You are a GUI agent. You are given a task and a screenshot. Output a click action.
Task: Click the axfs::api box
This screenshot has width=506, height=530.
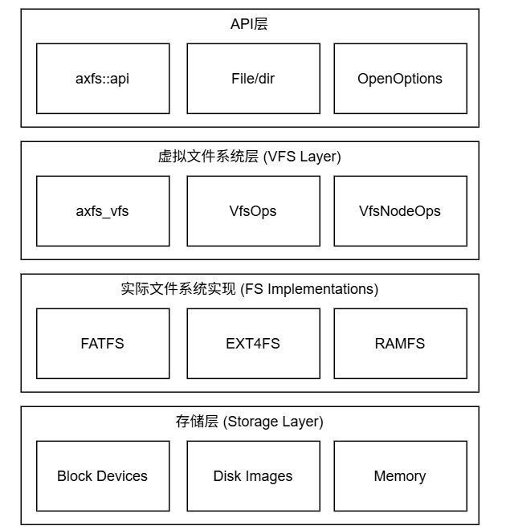click(x=103, y=79)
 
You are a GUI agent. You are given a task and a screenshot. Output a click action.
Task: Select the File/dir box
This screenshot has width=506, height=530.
click(x=253, y=79)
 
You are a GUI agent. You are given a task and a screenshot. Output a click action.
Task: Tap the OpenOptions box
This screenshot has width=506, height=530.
click(x=400, y=79)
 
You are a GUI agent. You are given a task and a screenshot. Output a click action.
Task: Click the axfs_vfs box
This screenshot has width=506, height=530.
click(x=103, y=211)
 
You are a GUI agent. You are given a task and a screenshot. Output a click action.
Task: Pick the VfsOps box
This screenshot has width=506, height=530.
click(x=253, y=211)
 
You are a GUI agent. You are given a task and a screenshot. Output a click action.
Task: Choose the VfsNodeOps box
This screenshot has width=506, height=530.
click(x=400, y=211)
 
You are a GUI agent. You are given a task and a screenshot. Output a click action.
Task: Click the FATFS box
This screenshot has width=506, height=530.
click(x=103, y=344)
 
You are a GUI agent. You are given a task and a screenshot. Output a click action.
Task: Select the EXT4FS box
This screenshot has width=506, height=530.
click(x=253, y=344)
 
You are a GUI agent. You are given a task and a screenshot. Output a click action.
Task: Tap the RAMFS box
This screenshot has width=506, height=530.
click(x=400, y=344)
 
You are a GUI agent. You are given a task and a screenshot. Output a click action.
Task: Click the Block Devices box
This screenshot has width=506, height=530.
click(x=103, y=476)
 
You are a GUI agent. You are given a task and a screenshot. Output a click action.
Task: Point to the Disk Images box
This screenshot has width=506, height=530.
click(x=253, y=476)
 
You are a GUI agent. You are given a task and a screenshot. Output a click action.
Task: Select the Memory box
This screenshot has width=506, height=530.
click(x=400, y=476)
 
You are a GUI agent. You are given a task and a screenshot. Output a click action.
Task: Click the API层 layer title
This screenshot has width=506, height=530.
click(x=249, y=24)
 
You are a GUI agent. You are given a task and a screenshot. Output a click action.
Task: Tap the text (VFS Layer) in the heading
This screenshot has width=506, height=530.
click(x=302, y=157)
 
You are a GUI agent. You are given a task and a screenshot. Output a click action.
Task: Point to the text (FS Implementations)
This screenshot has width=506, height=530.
click(x=309, y=289)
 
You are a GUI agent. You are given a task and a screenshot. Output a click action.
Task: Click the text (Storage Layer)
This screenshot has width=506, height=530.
click(x=273, y=422)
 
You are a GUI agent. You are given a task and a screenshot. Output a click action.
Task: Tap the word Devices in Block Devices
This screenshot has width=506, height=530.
click(x=121, y=476)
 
